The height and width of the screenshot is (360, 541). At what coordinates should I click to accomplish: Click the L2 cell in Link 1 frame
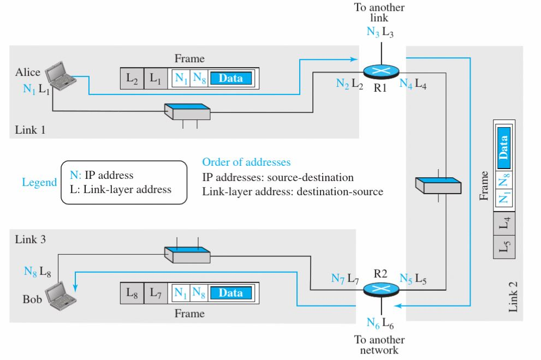pos(132,79)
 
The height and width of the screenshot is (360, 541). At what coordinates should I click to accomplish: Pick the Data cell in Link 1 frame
pos(231,79)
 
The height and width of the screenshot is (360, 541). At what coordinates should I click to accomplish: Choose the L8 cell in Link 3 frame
pos(132,293)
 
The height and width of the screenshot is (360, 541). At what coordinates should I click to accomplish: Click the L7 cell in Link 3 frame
pos(157,293)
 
